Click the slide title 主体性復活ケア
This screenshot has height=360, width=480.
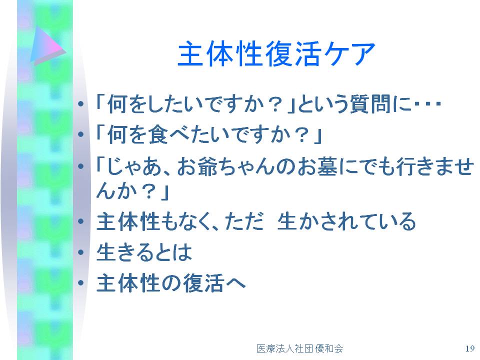coord(276,54)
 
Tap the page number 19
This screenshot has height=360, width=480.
coord(469,348)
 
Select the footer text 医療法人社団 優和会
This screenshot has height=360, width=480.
coord(299,348)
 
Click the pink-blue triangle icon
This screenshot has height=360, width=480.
coord(48,45)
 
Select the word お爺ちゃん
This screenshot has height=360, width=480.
coord(235,167)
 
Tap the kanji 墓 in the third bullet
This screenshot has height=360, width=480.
coord(327,167)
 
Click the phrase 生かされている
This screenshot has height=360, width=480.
coord(346,221)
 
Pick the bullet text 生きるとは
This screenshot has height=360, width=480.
coord(144,252)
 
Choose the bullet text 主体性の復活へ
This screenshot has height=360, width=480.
coord(171,283)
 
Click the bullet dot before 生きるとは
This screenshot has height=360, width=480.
coord(81,252)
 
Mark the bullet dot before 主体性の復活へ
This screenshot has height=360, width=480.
coord(81,282)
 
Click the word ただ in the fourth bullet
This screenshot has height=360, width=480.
coord(244,221)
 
